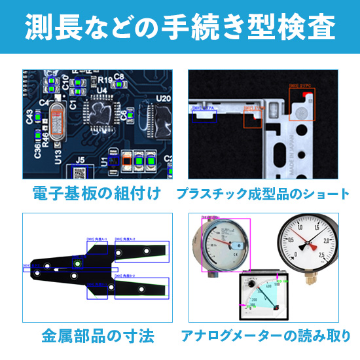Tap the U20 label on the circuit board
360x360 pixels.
pyautogui.click(x=163, y=98)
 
